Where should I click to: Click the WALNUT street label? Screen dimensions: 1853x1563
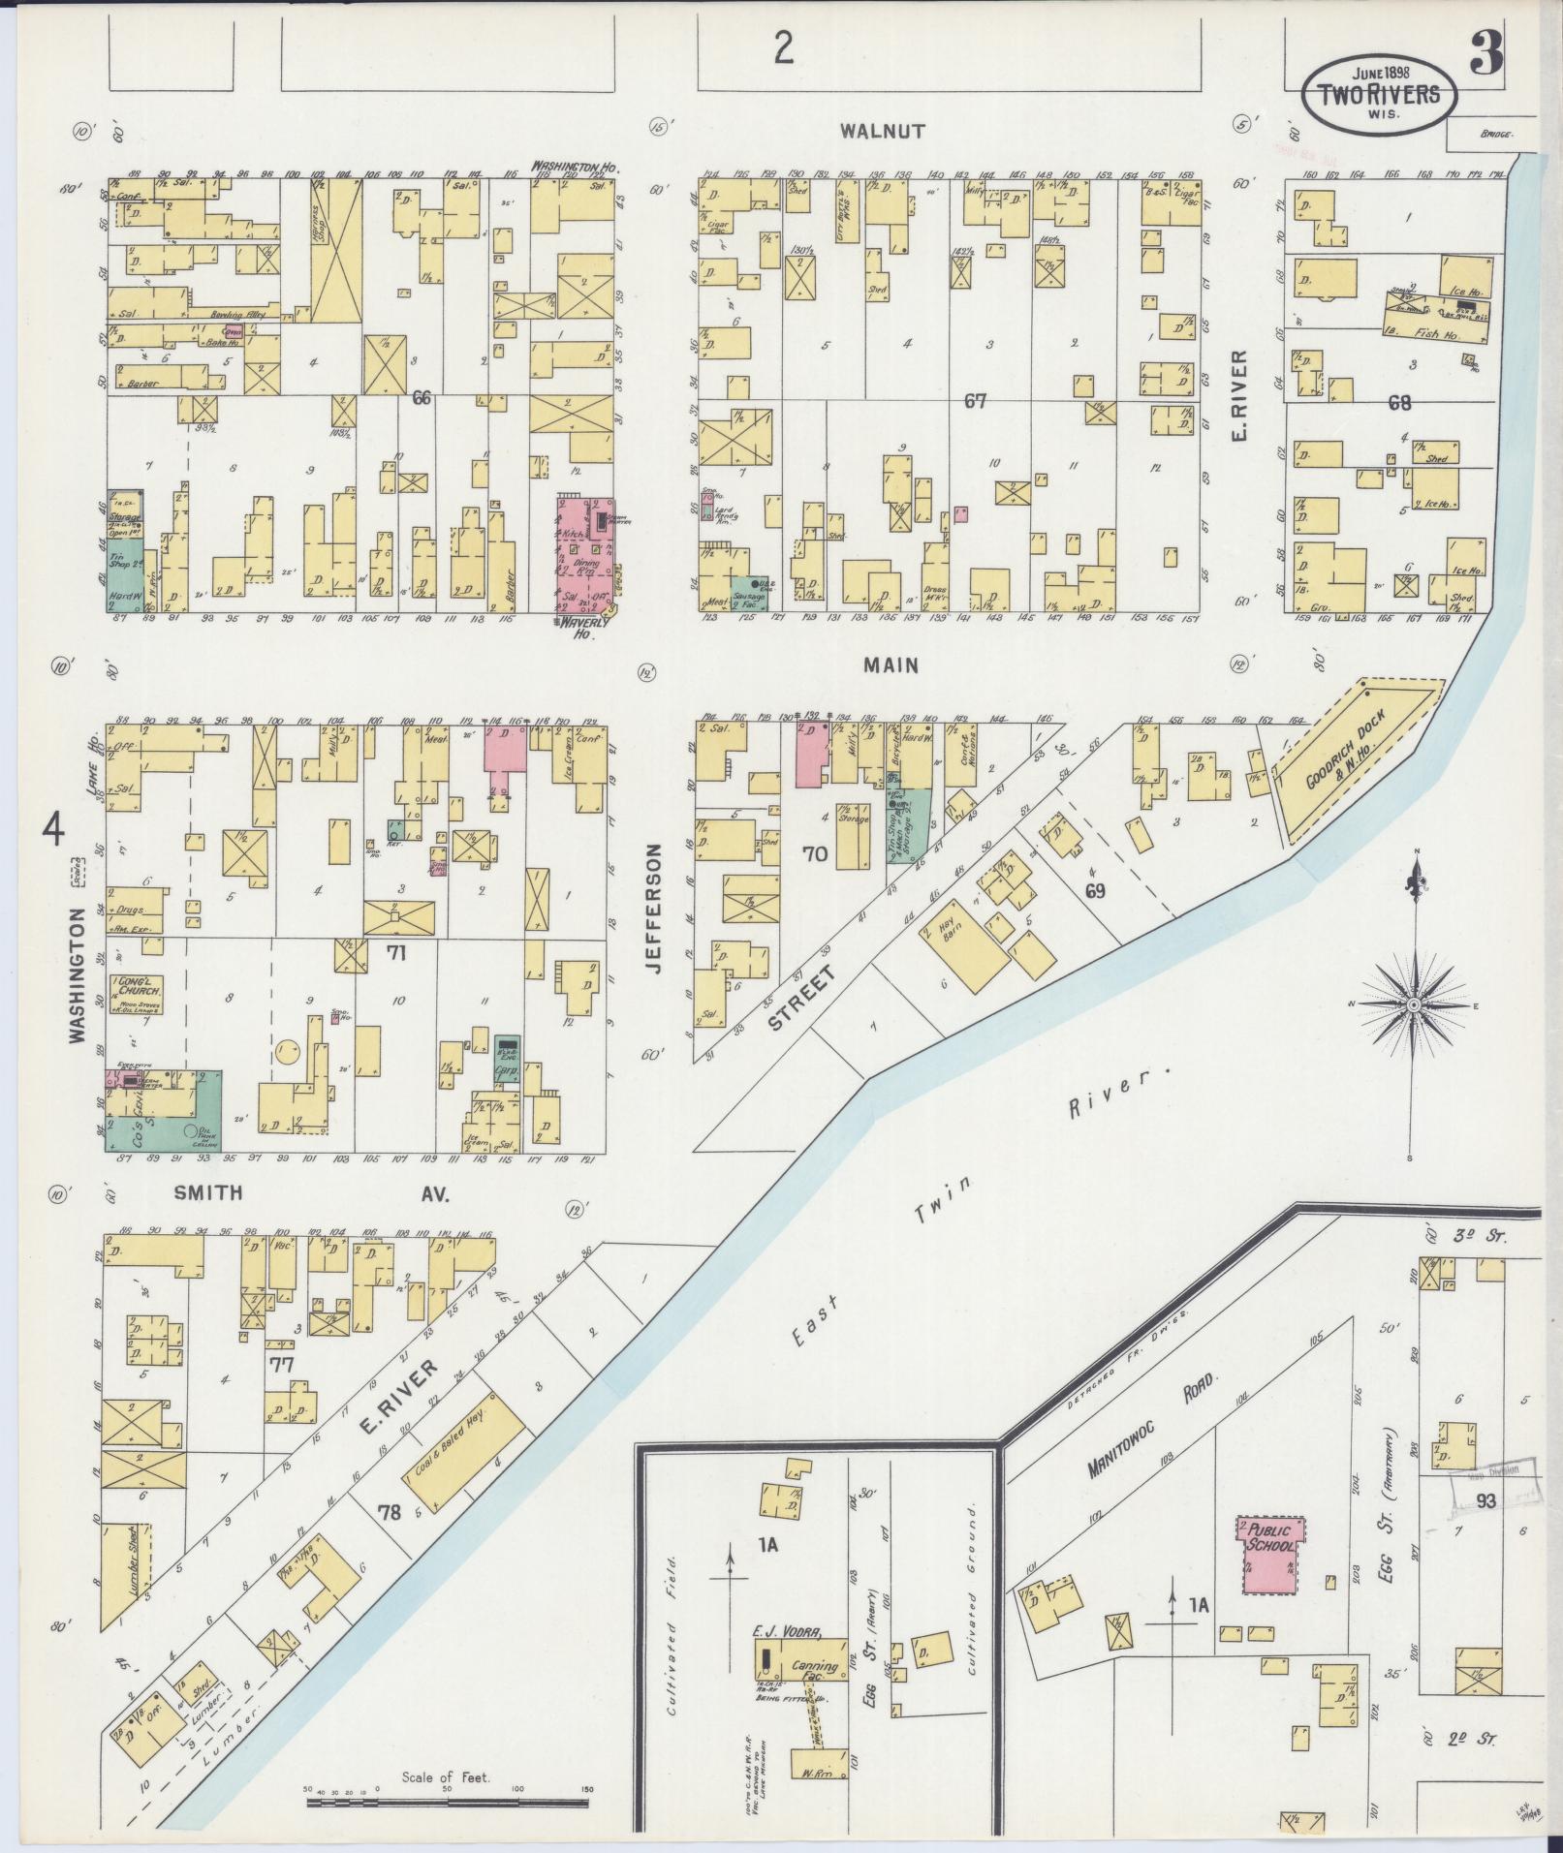[883, 131]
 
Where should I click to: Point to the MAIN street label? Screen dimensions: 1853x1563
[891, 665]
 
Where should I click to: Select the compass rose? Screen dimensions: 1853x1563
[1414, 1005]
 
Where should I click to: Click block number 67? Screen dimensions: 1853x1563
[975, 400]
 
